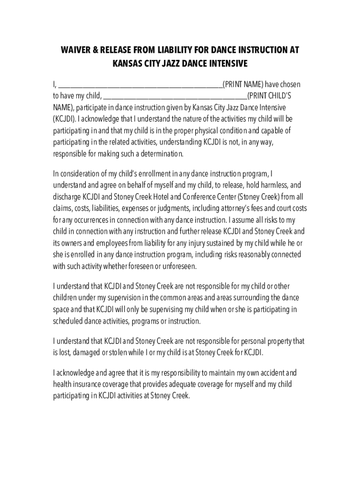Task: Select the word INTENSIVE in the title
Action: (x=227, y=63)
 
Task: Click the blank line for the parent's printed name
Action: (x=140, y=86)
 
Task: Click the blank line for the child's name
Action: (x=175, y=97)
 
